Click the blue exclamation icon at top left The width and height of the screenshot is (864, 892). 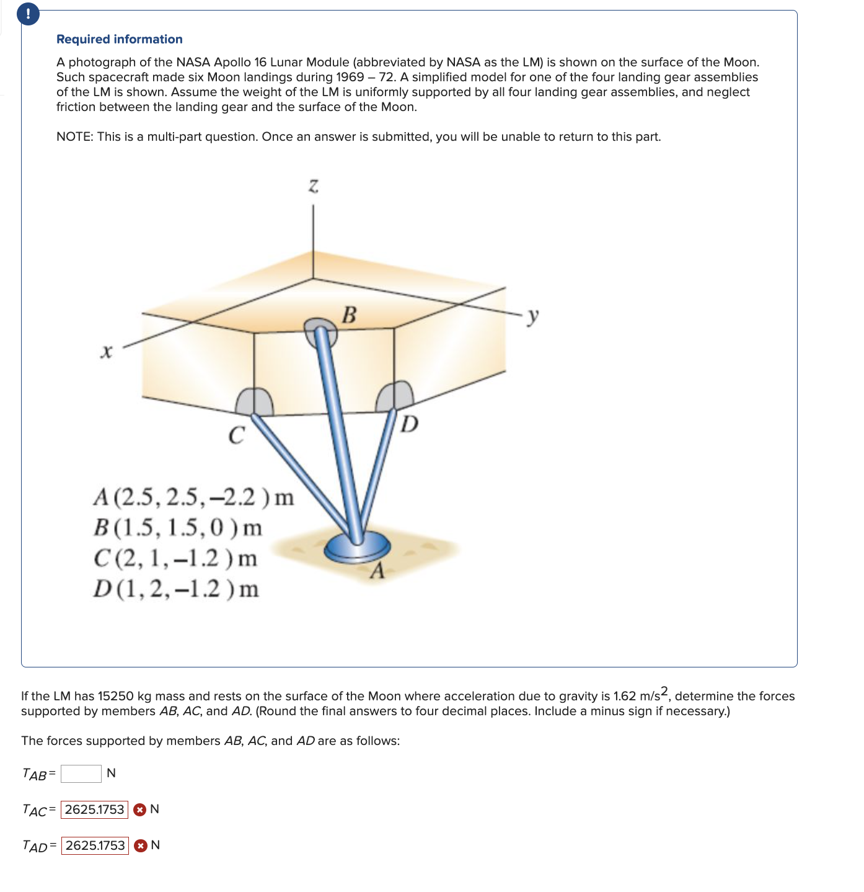[29, 14]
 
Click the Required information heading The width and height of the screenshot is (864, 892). [119, 39]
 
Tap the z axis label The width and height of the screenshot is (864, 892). [314, 185]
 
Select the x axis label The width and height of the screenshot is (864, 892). [107, 352]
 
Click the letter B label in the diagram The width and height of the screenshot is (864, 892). [350, 315]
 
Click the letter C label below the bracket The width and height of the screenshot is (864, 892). [236, 435]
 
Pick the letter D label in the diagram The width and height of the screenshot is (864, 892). [409, 425]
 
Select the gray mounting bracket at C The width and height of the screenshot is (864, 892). [254, 401]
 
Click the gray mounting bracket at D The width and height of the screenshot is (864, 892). [396, 396]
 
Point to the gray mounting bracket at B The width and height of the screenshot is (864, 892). [321, 331]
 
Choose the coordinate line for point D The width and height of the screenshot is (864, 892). [177, 589]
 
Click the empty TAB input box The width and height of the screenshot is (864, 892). [81, 774]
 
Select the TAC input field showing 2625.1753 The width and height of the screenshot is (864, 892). [94, 809]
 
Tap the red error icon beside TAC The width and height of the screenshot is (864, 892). [140, 809]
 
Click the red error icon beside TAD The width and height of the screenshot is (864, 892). [141, 845]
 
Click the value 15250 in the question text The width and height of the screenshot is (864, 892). [116, 696]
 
